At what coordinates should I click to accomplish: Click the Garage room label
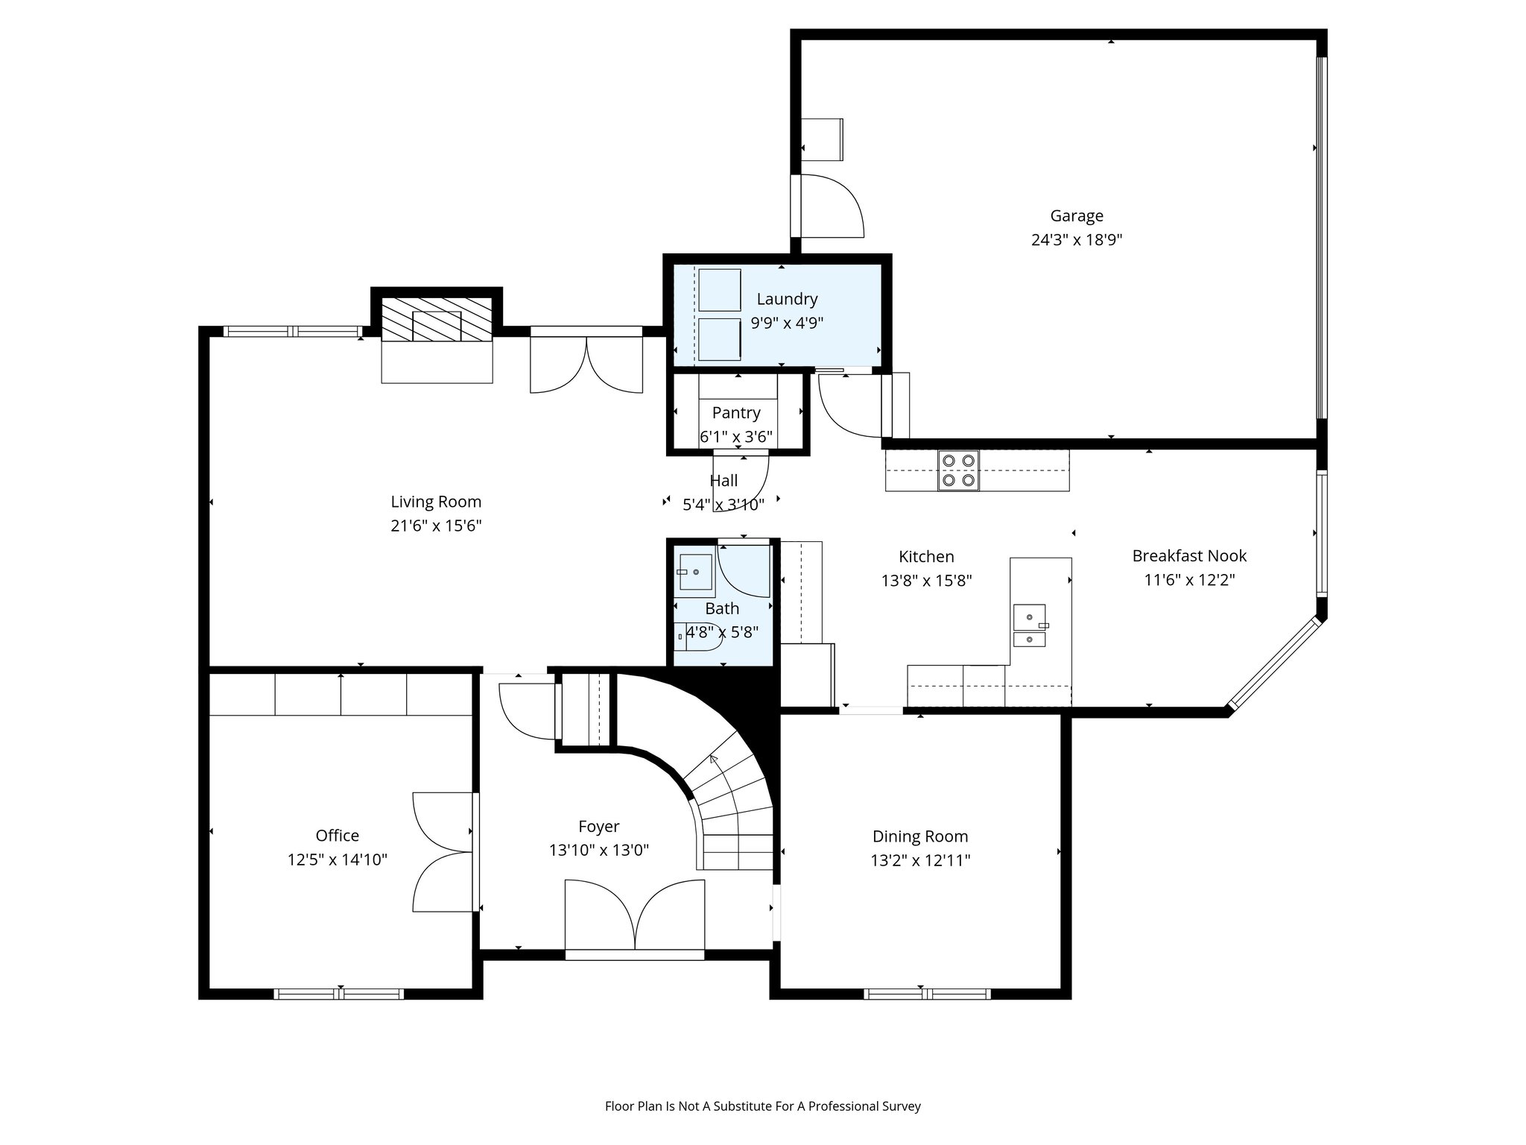(1076, 216)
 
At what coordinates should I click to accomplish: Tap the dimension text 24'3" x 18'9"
(1076, 240)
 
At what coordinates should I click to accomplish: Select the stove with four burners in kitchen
(958, 470)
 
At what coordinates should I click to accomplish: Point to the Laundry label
(787, 299)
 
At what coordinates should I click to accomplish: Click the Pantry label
(736, 413)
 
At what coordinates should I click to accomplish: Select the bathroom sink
(694, 572)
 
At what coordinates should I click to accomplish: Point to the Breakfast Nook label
(1189, 556)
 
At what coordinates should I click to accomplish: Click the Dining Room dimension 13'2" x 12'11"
(920, 861)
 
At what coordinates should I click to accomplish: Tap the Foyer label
(598, 827)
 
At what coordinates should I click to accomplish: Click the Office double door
(444, 852)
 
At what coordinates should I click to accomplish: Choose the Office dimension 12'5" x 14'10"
(337, 860)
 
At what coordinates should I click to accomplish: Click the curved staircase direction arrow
(714, 760)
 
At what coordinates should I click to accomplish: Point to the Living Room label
(436, 502)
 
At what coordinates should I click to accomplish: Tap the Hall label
(724, 481)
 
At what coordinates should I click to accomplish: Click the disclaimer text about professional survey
(762, 1106)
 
